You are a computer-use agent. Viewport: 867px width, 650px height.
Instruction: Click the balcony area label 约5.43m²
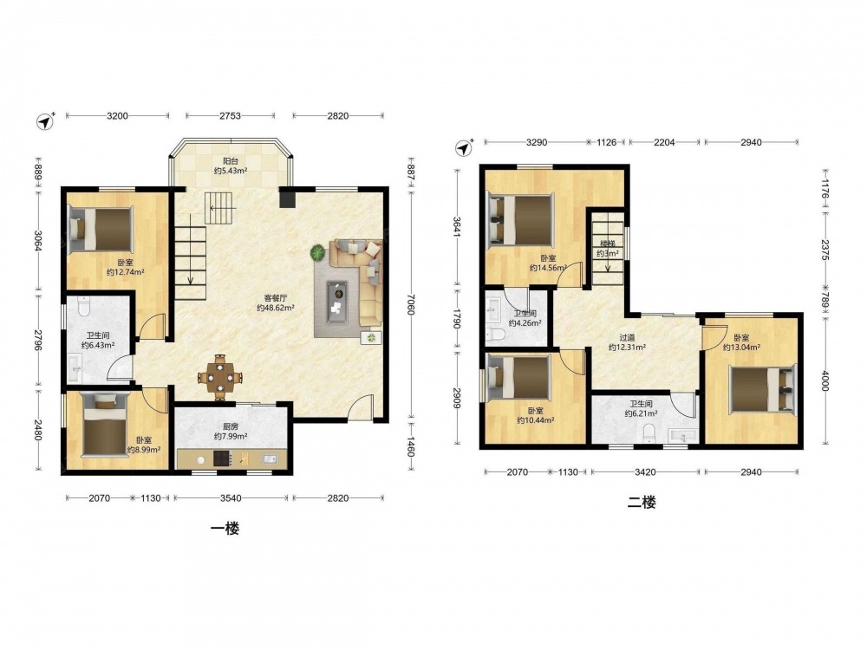[231, 171]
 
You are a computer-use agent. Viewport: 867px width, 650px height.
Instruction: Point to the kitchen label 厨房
[231, 426]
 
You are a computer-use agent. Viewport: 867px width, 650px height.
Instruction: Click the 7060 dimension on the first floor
[410, 303]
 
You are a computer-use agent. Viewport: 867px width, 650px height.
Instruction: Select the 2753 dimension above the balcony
[230, 116]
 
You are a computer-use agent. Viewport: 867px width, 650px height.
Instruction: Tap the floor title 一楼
[225, 529]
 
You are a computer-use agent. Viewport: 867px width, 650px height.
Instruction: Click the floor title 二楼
[642, 503]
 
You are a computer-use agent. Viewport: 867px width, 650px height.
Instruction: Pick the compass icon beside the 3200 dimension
[46, 121]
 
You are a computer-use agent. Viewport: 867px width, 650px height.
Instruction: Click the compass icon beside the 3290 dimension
[465, 147]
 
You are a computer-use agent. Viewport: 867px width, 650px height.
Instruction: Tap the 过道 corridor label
[627, 338]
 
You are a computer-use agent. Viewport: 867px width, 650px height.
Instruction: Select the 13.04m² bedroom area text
[741, 348]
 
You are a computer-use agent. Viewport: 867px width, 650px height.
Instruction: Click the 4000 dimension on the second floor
[825, 380]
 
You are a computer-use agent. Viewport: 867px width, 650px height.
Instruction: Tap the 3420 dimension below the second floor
[645, 472]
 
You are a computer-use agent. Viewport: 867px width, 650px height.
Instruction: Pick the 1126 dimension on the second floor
[606, 143]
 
